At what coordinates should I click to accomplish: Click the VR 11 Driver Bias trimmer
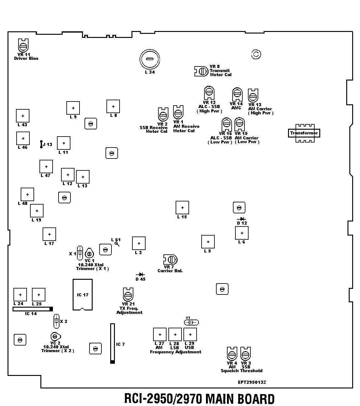pyautogui.click(x=23, y=46)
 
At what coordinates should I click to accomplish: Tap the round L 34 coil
pyautogui.click(x=150, y=59)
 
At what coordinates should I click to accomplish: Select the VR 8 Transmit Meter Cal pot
pyautogui.click(x=201, y=71)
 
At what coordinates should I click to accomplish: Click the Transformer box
pyautogui.click(x=304, y=133)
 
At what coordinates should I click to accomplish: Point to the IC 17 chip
pyautogui.click(x=83, y=295)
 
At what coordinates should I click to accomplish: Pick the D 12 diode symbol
pyautogui.click(x=241, y=219)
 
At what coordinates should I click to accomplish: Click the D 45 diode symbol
pyautogui.click(x=140, y=274)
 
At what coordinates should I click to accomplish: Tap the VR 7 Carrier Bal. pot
pyautogui.click(x=170, y=259)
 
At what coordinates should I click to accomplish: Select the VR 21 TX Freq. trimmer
pyautogui.click(x=128, y=295)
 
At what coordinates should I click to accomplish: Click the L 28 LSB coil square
pyautogui.click(x=175, y=335)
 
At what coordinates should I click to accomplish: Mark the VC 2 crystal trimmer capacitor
pyautogui.click(x=55, y=336)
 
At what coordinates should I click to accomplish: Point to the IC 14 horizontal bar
pyautogui.click(x=33, y=309)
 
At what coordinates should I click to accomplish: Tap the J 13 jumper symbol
pyautogui.click(x=41, y=144)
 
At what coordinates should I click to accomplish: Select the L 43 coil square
pyautogui.click(x=23, y=116)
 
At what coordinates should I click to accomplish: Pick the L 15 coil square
pyautogui.click(x=182, y=208)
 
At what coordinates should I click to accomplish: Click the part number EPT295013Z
pyautogui.click(x=252, y=382)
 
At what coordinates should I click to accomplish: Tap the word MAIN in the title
pyautogui.click(x=219, y=399)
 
